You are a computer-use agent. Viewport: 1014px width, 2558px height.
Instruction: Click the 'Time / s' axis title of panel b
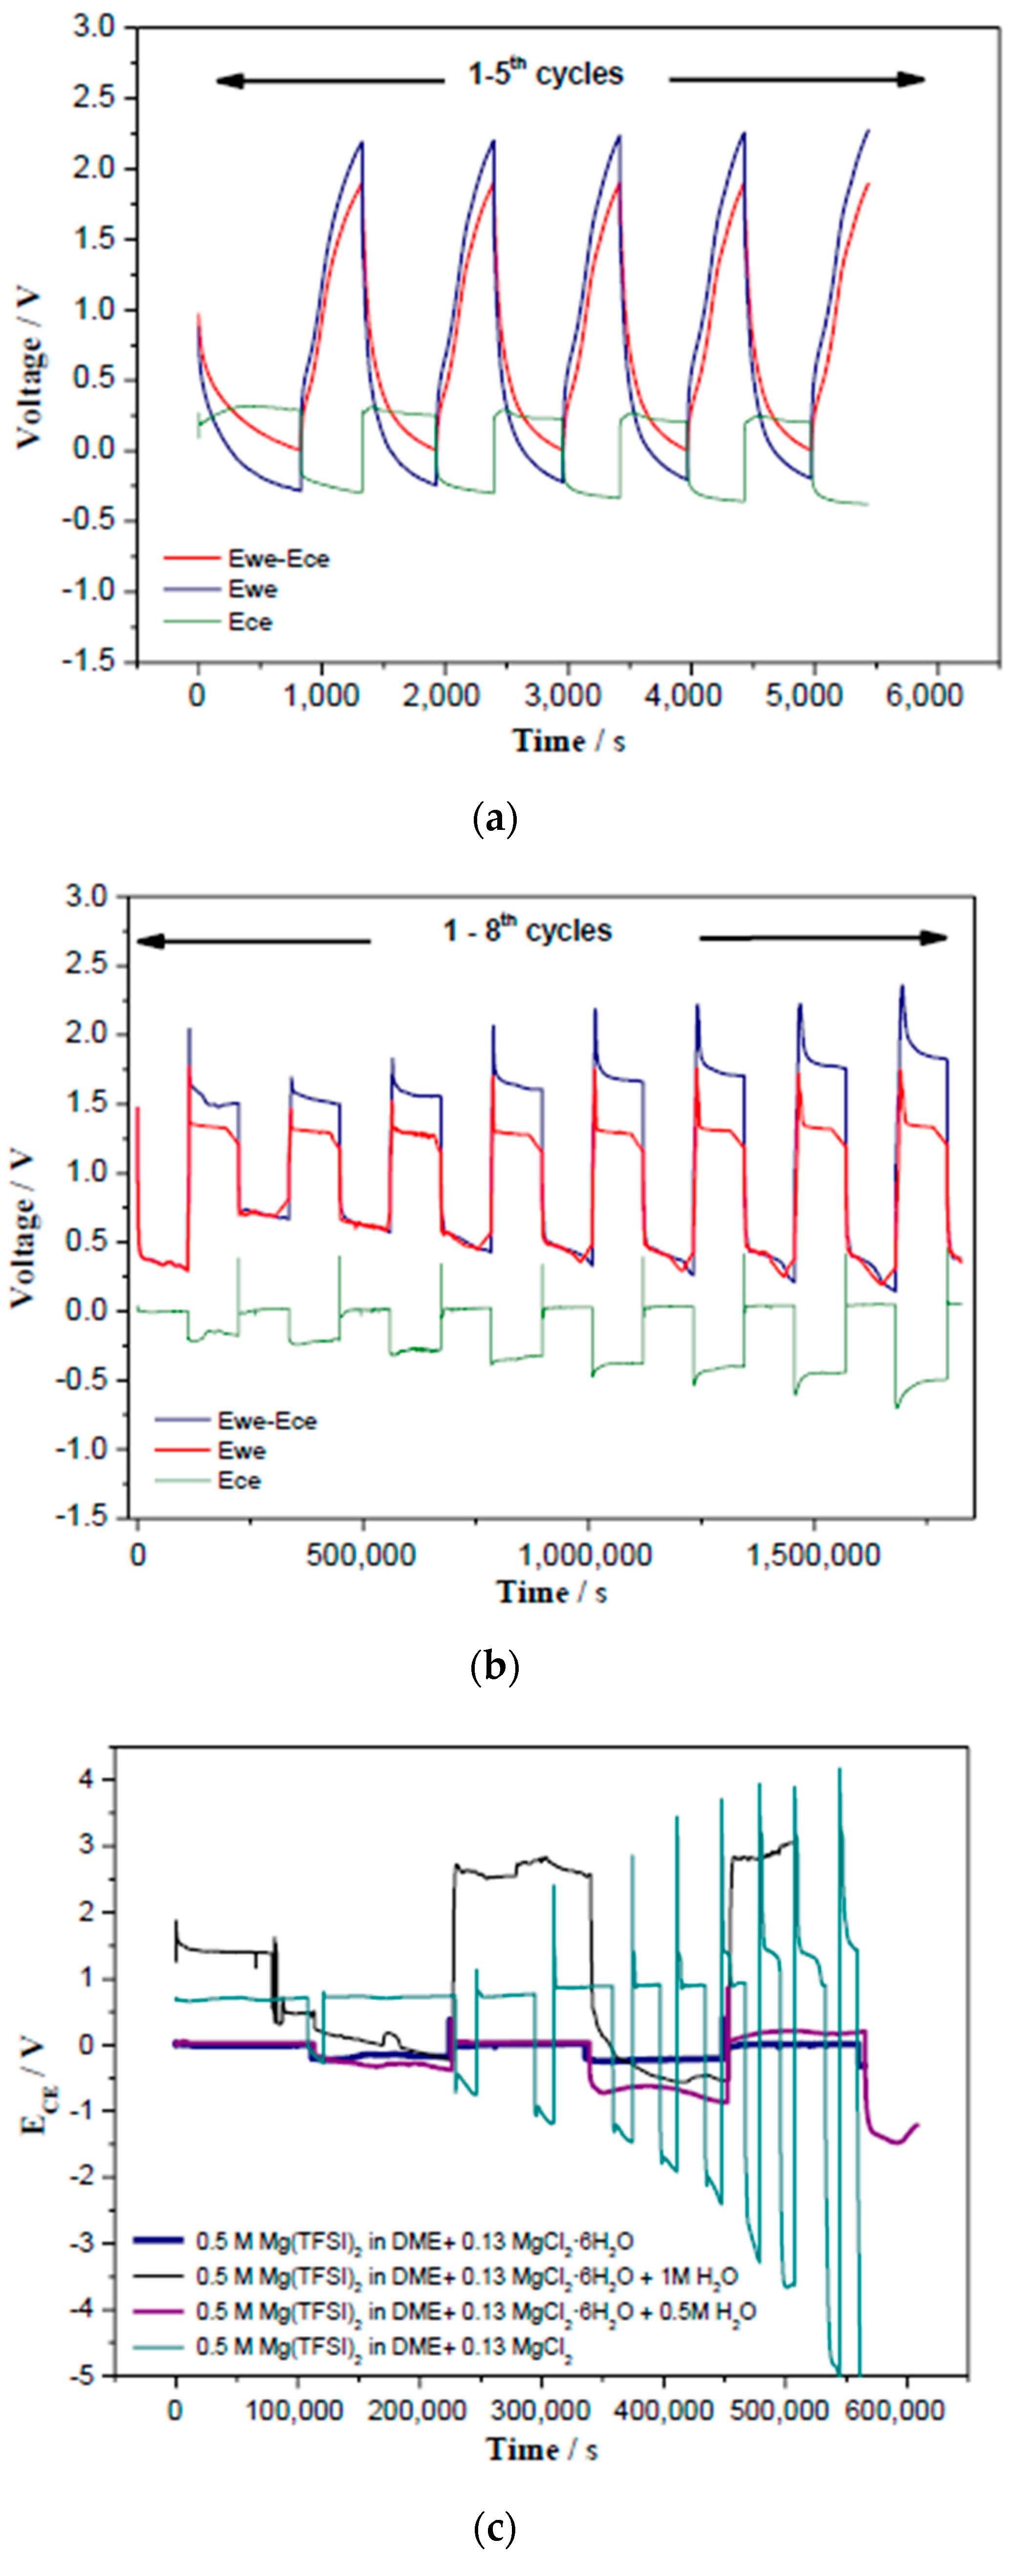551,1593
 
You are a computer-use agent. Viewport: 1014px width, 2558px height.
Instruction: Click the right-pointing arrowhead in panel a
912,80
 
